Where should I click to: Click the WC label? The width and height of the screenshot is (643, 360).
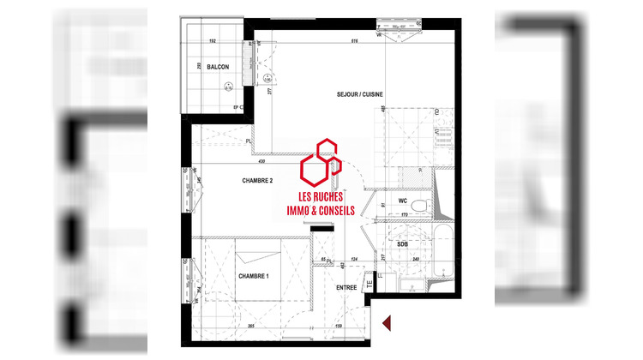(x=402, y=201)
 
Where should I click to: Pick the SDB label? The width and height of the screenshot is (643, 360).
(x=402, y=243)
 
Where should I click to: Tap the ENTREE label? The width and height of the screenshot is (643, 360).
(x=346, y=287)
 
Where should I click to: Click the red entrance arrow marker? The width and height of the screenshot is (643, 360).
(x=386, y=322)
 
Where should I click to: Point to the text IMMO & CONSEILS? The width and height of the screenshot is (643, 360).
(x=319, y=211)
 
